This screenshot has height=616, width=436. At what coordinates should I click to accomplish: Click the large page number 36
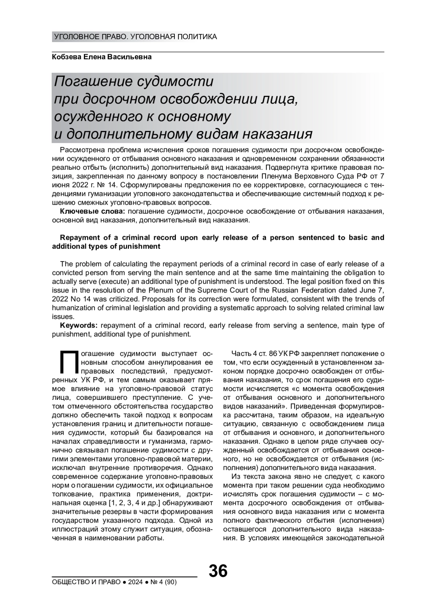218,571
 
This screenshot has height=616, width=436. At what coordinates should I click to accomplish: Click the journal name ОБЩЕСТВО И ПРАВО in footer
86,582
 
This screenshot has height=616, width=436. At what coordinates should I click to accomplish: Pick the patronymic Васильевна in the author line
132,57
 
